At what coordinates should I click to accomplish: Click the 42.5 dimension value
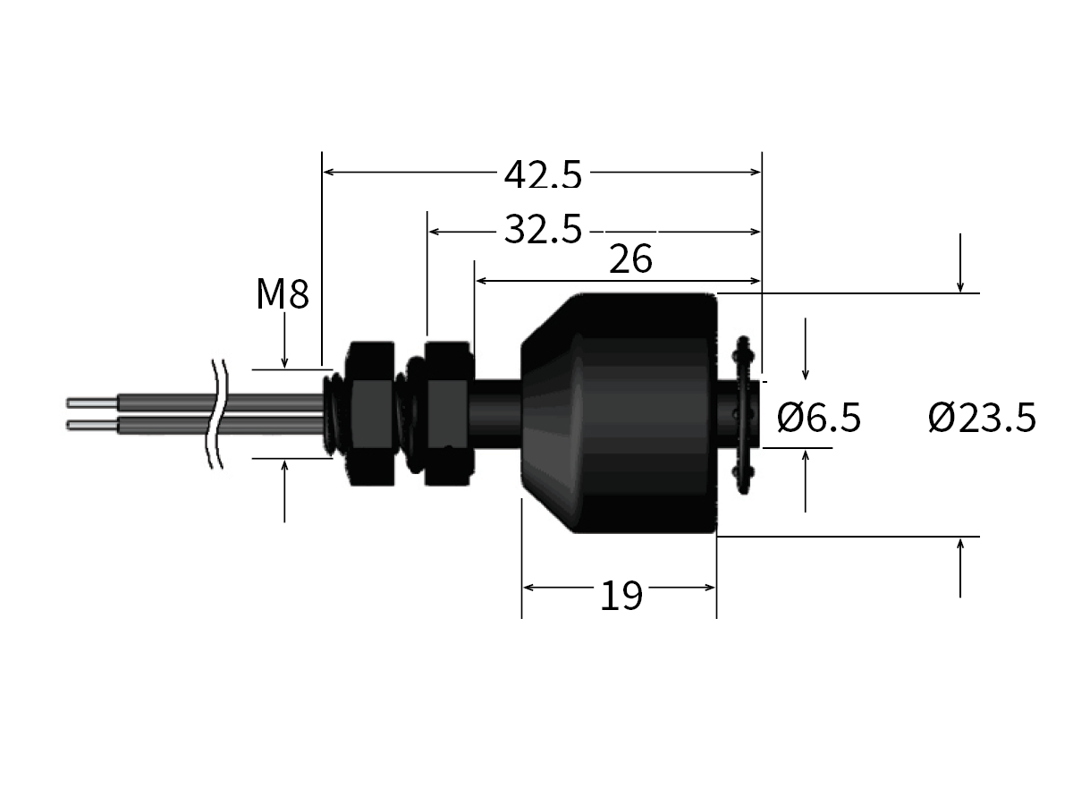[542, 174]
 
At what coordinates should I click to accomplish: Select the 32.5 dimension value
[542, 231]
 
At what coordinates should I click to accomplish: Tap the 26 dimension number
[630, 259]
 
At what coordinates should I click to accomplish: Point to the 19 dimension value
[621, 596]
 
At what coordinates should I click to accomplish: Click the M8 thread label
[282, 294]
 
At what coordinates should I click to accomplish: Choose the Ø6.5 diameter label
[818, 417]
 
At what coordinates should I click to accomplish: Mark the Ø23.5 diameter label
[982, 417]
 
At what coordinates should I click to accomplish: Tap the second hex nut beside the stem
[447, 414]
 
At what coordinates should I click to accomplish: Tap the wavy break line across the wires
[215, 414]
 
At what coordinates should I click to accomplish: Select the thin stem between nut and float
[496, 414]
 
